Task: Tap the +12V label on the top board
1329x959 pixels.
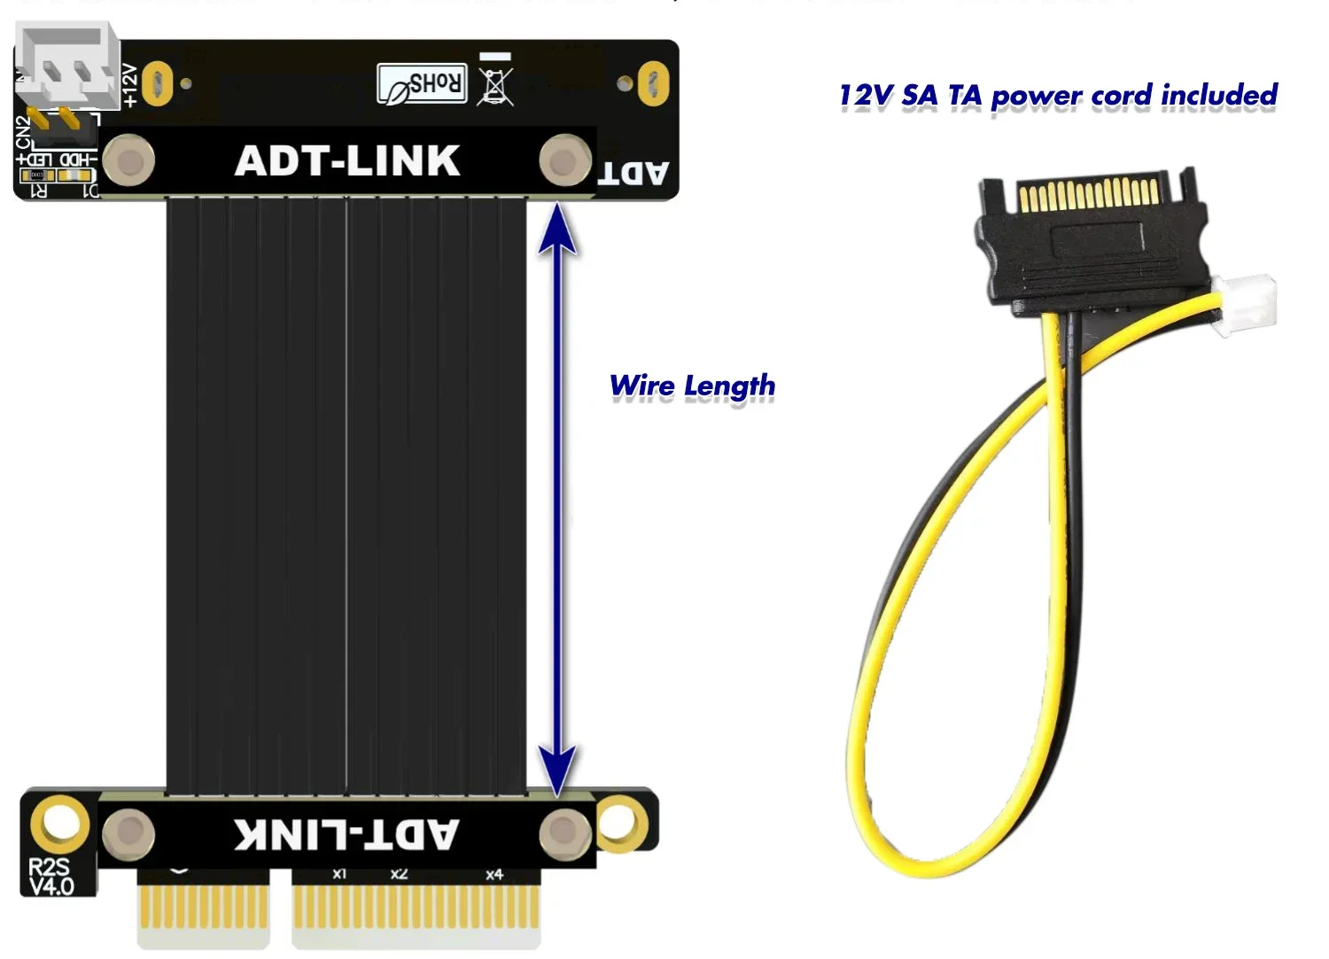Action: pos(129,85)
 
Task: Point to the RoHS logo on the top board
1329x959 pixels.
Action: pos(422,84)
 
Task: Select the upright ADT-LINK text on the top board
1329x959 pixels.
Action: pos(347,161)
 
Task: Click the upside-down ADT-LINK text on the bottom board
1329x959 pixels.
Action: pos(346,834)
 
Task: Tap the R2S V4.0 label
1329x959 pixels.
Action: pos(51,877)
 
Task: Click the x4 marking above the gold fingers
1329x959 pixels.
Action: pos(494,875)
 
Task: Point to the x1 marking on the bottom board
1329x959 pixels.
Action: pos(339,874)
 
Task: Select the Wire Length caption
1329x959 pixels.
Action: pos(692,386)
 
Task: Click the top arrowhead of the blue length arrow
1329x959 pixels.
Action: pos(557,227)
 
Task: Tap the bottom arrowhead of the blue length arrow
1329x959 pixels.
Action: pos(557,769)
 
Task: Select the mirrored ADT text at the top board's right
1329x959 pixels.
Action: pos(633,173)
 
